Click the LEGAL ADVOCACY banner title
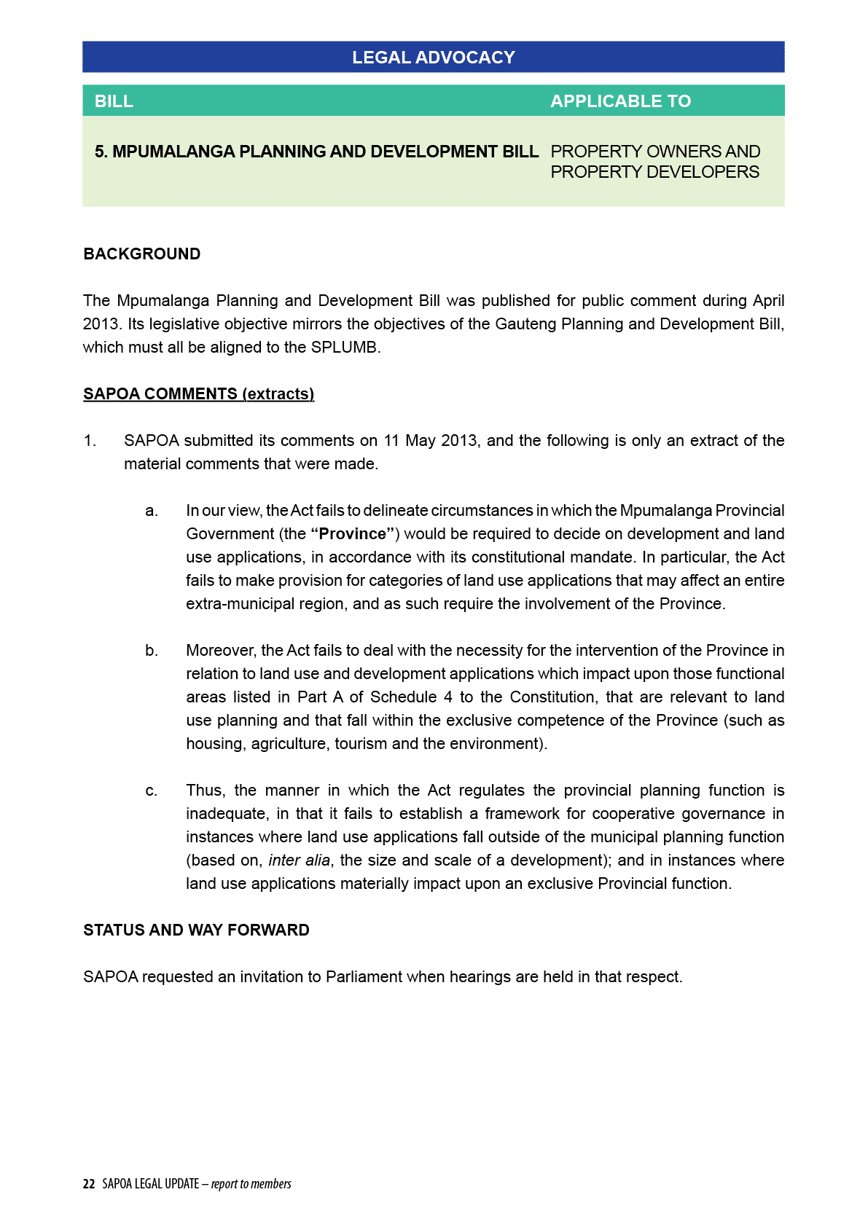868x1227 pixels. pyautogui.click(x=433, y=58)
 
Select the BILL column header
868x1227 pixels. pyautogui.click(x=114, y=101)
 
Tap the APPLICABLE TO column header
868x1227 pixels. pyautogui.click(x=620, y=101)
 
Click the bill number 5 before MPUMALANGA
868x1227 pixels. pyautogui.click(x=100, y=152)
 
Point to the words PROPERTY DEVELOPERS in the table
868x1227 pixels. pyautogui.click(x=654, y=172)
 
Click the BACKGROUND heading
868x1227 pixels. pyautogui.click(x=141, y=254)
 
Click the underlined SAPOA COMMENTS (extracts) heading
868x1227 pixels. pyautogui.click(x=198, y=394)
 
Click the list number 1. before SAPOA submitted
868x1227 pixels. pyautogui.click(x=90, y=441)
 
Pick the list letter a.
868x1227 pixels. pyautogui.click(x=152, y=511)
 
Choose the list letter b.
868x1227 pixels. pyautogui.click(x=152, y=651)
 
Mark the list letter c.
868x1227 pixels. pyautogui.click(x=152, y=791)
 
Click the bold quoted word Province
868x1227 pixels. pyautogui.click(x=353, y=534)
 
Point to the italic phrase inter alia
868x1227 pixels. pyautogui.click(x=299, y=861)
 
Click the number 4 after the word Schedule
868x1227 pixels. pyautogui.click(x=447, y=697)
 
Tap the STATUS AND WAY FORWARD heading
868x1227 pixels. pyautogui.click(x=196, y=930)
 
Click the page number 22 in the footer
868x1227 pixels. pyautogui.click(x=89, y=1184)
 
